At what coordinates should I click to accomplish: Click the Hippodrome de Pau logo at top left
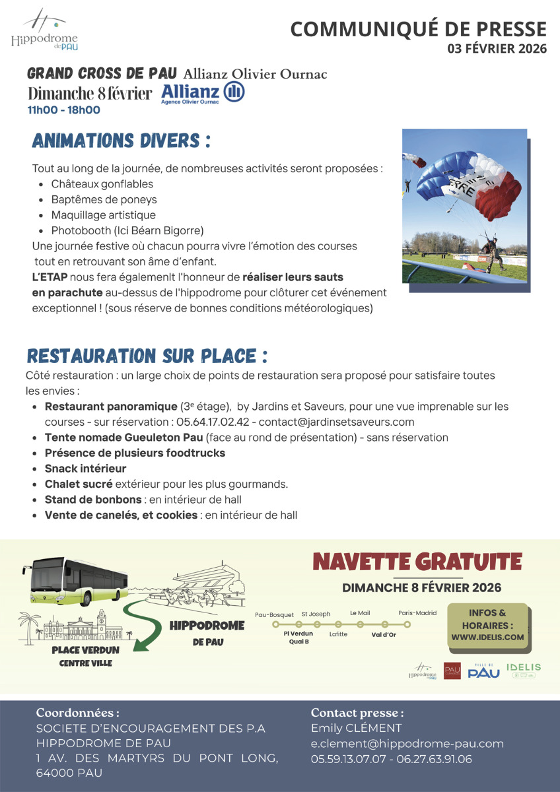(44, 30)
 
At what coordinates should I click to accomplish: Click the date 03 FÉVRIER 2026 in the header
(497, 49)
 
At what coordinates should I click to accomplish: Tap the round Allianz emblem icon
(234, 92)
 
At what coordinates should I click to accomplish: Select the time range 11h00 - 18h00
(64, 110)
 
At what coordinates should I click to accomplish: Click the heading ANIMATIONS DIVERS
(122, 141)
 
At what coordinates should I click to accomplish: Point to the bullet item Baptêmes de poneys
(104, 199)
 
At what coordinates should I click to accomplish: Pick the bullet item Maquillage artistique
(104, 215)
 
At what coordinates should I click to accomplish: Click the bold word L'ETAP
(50, 277)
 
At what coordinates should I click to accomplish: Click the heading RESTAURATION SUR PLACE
(147, 356)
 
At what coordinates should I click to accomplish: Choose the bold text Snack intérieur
(85, 469)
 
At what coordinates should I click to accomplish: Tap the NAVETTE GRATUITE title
(417, 562)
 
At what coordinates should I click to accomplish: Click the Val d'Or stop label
(384, 635)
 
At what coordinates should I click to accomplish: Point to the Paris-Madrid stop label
(417, 613)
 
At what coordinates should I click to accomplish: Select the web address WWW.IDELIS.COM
(488, 637)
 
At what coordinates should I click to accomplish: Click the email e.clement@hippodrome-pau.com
(407, 744)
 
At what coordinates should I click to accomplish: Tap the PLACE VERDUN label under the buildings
(86, 650)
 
